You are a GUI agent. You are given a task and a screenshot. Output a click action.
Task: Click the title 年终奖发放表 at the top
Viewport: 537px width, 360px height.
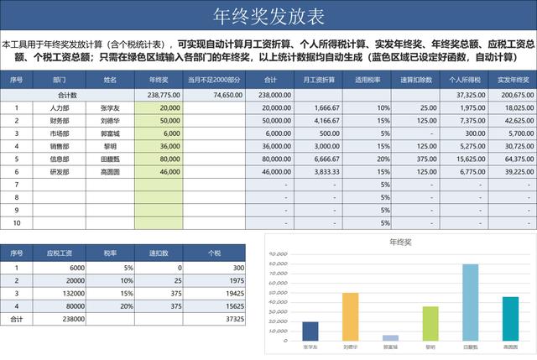click(268, 18)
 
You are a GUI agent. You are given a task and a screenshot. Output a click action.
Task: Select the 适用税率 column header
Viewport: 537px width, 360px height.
click(367, 80)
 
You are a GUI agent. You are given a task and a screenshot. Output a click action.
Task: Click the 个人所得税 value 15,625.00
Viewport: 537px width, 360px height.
click(470, 159)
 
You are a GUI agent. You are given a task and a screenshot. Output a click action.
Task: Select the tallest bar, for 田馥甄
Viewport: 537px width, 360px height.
click(471, 302)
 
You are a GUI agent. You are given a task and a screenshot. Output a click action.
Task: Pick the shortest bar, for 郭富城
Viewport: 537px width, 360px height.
click(390, 337)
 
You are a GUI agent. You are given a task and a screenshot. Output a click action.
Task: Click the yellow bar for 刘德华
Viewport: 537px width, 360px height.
click(350, 316)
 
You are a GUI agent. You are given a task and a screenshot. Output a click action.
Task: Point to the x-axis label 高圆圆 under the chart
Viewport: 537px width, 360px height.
click(510, 346)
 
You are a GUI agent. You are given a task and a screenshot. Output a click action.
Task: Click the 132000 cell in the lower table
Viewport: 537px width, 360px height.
click(64, 294)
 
